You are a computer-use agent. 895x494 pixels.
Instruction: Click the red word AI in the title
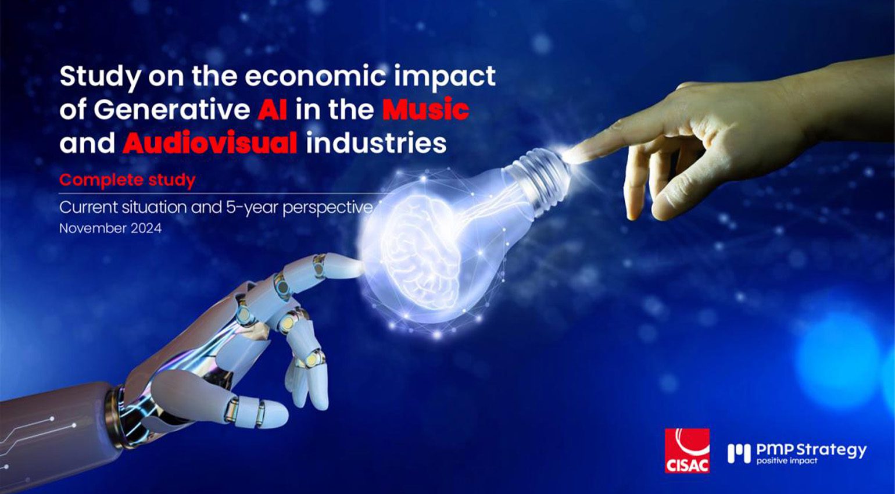(x=272, y=109)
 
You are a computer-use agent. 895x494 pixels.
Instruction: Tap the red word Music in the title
(x=425, y=109)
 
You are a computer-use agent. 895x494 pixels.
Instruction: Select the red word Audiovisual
(x=210, y=143)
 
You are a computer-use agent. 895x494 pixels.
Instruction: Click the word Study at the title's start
(x=99, y=77)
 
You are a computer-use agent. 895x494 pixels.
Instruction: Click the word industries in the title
(x=376, y=143)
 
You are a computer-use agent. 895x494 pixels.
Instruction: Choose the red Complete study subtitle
(x=127, y=180)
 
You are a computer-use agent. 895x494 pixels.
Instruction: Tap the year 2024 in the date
(x=146, y=228)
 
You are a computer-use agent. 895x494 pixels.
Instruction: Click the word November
(x=93, y=228)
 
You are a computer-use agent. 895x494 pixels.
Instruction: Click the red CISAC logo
(x=687, y=450)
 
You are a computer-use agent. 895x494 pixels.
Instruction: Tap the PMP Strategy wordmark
(x=811, y=449)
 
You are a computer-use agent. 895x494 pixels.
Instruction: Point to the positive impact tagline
(x=786, y=461)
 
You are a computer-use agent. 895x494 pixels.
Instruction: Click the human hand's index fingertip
(x=572, y=153)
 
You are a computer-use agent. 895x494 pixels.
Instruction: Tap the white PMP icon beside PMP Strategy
(x=739, y=453)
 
